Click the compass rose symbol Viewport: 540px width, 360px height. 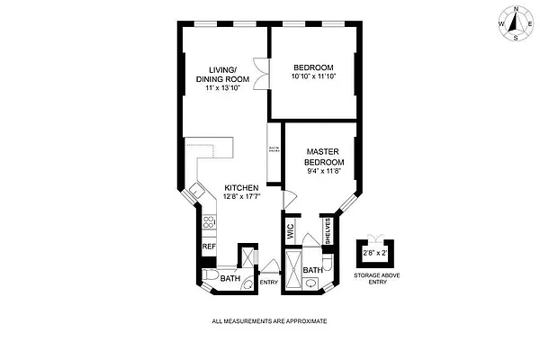[x=513, y=22]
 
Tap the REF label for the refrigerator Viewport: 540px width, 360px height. [x=208, y=247]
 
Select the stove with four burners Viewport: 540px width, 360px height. [x=208, y=222]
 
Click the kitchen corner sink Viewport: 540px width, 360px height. [x=194, y=191]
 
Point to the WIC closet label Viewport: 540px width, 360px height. [x=291, y=229]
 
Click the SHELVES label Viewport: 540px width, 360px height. [x=329, y=230]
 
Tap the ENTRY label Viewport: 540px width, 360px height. [x=268, y=283]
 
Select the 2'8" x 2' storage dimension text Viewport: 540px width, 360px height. [x=372, y=254]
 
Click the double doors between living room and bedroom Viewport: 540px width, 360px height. [x=260, y=75]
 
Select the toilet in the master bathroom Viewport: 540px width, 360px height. [x=329, y=263]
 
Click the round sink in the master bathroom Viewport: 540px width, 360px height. [x=311, y=284]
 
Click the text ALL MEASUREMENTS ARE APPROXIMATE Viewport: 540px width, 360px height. [x=268, y=321]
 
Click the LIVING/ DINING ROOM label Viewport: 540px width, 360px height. [x=221, y=73]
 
